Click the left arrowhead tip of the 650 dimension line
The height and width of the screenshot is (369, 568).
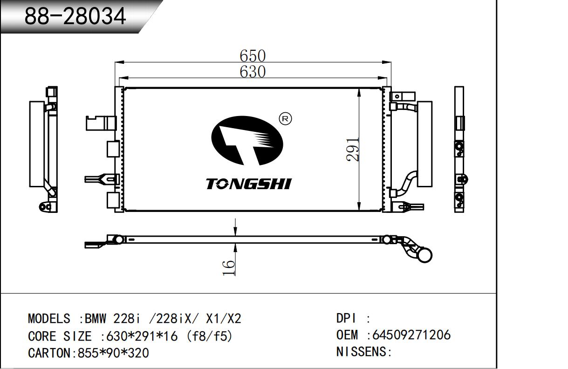point(115,62)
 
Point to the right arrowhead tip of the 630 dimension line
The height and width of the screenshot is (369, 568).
point(387,78)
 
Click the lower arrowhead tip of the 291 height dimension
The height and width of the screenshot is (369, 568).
point(359,211)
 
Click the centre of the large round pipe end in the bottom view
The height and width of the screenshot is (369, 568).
point(424,255)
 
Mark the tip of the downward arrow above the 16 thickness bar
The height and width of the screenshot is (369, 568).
point(236,236)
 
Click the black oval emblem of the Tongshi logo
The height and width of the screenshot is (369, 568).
point(247,141)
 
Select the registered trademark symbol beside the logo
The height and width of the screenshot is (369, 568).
point(285,119)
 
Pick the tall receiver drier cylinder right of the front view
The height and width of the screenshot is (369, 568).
point(425,144)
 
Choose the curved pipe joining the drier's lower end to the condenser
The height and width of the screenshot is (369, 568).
point(404,184)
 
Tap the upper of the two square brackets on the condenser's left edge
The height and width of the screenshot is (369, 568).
point(113,149)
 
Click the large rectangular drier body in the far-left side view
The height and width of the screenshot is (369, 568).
point(37,144)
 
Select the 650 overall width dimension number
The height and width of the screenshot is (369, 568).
point(253,55)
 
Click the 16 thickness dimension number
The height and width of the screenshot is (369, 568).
point(229,267)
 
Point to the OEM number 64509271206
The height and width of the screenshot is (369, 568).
point(411,335)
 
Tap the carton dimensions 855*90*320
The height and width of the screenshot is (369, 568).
point(113,353)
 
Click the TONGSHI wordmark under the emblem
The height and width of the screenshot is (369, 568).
point(248,184)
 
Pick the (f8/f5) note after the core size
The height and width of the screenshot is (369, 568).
point(209,336)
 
